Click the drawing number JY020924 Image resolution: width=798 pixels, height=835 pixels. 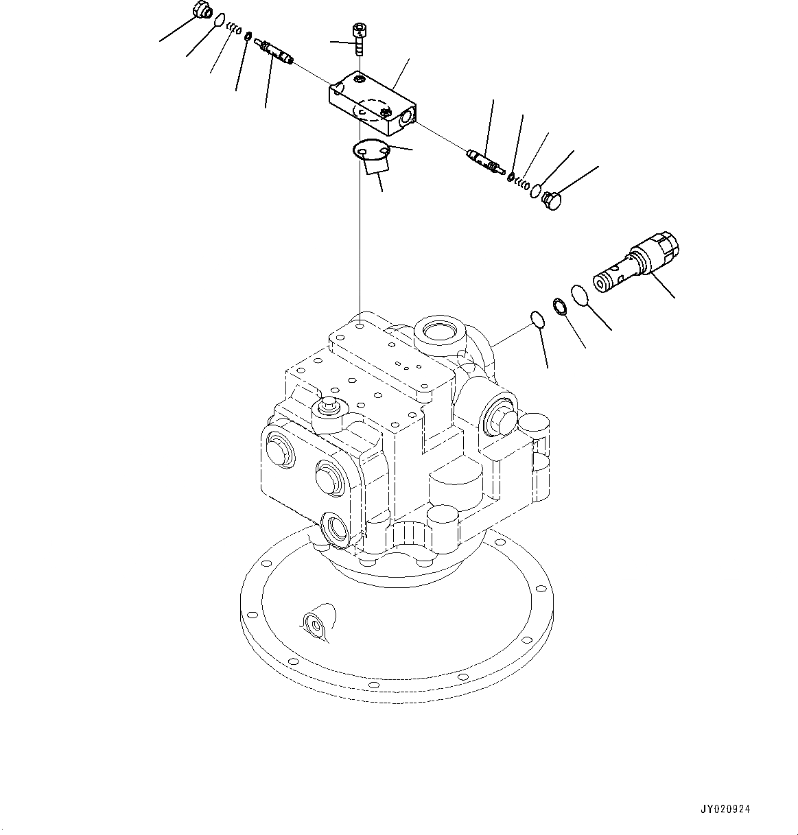[x=726, y=810]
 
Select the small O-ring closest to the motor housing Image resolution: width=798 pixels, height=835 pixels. [x=537, y=319]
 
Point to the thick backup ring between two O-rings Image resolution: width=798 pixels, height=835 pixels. [x=559, y=305]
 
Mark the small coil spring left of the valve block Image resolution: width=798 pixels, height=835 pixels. [x=234, y=29]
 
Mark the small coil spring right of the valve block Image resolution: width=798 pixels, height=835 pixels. [x=523, y=183]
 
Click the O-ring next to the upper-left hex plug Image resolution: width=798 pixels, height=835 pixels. [x=220, y=21]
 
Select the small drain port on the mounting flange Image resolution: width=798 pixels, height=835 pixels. [x=314, y=623]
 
